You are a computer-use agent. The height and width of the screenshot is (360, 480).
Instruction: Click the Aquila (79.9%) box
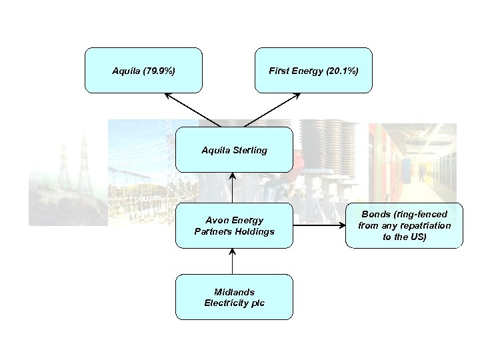click(143, 69)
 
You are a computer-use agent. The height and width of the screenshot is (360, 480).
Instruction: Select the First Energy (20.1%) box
click(313, 69)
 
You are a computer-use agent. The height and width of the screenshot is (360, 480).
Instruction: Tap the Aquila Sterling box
click(234, 150)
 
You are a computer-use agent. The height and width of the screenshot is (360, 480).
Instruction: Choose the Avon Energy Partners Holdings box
click(234, 225)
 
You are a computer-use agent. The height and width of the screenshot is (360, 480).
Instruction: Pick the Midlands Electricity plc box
click(234, 297)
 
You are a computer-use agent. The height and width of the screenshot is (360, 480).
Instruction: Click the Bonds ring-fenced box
click(404, 225)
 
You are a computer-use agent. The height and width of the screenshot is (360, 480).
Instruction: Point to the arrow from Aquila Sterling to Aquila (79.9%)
click(193, 110)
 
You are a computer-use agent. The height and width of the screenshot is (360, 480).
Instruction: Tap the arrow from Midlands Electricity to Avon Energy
click(233, 261)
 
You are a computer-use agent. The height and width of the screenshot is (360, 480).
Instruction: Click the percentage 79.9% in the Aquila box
click(161, 70)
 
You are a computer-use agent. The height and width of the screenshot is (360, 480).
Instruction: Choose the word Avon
click(216, 220)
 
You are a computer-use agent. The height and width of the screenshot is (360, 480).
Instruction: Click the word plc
click(257, 303)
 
